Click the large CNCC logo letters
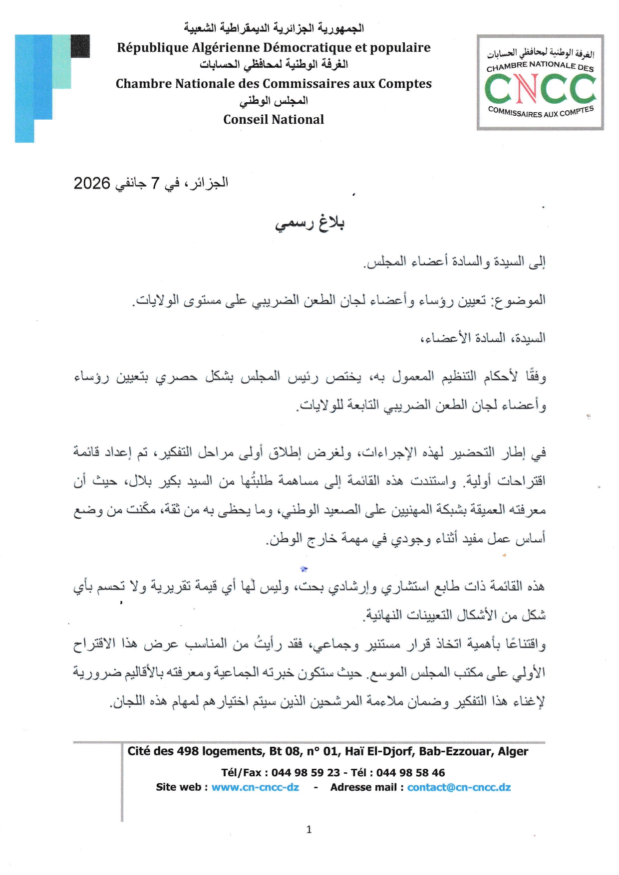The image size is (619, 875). tap(540, 89)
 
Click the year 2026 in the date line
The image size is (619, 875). tap(92, 184)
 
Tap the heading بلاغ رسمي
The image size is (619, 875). tap(309, 223)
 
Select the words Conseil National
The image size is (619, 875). tap(274, 120)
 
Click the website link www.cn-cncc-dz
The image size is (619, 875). tap(255, 787)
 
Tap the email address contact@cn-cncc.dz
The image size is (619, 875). tap(459, 787)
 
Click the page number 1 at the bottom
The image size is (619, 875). tap(309, 830)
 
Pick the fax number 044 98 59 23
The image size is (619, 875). tap(306, 773)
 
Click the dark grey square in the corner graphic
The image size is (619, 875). tap(80, 46)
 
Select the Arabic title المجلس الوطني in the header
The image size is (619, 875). tap(274, 101)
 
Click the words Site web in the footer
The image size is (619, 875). tap(178, 787)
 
